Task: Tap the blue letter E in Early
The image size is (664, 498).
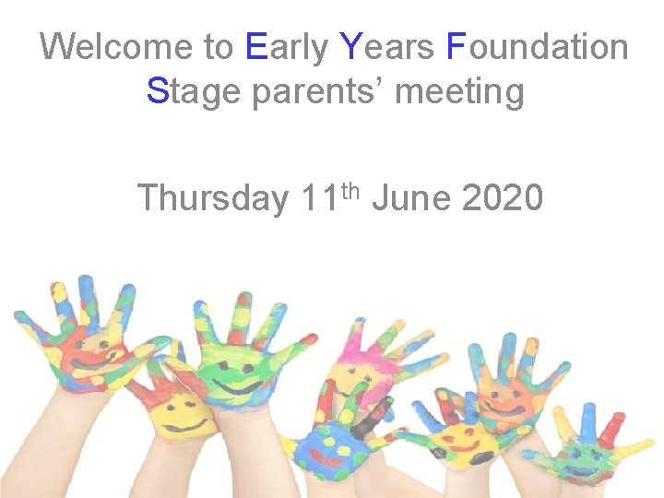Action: click(257, 46)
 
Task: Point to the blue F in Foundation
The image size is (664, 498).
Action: click(455, 46)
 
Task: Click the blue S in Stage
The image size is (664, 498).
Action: click(158, 91)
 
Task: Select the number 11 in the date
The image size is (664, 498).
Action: click(319, 197)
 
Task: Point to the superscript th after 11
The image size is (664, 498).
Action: click(350, 189)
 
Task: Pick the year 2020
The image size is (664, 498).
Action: click(503, 197)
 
